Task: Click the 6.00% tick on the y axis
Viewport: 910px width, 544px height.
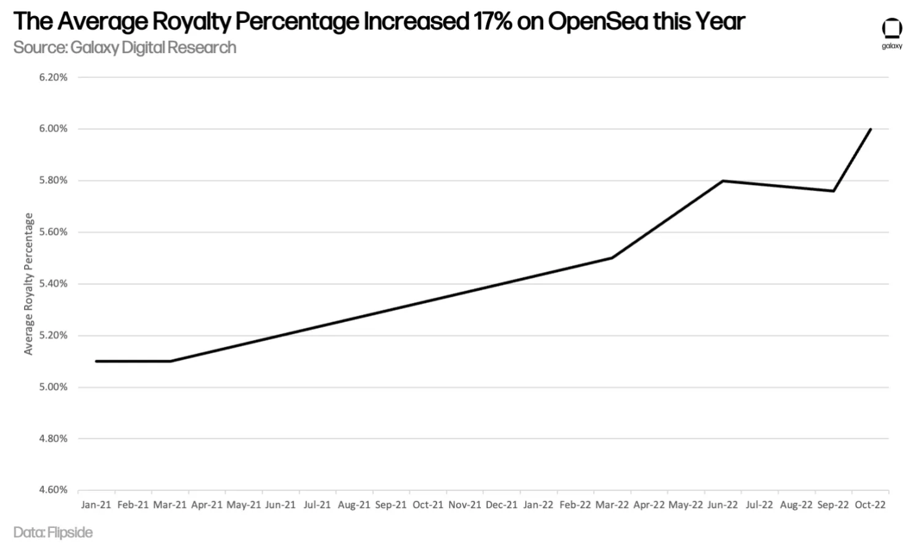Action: (53, 129)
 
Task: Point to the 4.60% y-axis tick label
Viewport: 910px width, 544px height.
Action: (53, 490)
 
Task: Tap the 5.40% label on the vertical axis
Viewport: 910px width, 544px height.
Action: (53, 284)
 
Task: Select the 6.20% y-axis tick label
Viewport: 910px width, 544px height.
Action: (53, 77)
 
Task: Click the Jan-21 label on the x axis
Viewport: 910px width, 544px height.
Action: (96, 505)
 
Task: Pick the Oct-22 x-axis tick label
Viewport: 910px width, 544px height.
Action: (870, 505)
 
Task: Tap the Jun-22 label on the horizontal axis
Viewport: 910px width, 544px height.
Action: (723, 505)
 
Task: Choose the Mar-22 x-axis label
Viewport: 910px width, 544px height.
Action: (612, 505)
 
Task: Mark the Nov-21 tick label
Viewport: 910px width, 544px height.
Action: (464, 505)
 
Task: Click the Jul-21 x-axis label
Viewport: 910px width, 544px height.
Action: (317, 505)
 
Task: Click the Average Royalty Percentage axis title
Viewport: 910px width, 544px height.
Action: (28, 284)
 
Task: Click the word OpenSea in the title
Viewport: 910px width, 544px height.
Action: (597, 22)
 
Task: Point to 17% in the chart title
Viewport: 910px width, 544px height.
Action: (493, 22)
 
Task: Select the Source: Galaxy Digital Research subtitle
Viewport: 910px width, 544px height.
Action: (125, 47)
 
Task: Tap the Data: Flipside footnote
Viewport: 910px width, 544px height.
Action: (53, 532)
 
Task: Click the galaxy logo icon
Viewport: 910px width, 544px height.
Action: (892, 29)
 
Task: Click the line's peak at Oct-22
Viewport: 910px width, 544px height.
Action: (871, 129)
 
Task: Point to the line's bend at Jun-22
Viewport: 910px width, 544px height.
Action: (723, 181)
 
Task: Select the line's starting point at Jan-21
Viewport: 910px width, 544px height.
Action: (96, 361)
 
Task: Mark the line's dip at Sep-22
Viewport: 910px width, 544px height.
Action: (834, 191)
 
